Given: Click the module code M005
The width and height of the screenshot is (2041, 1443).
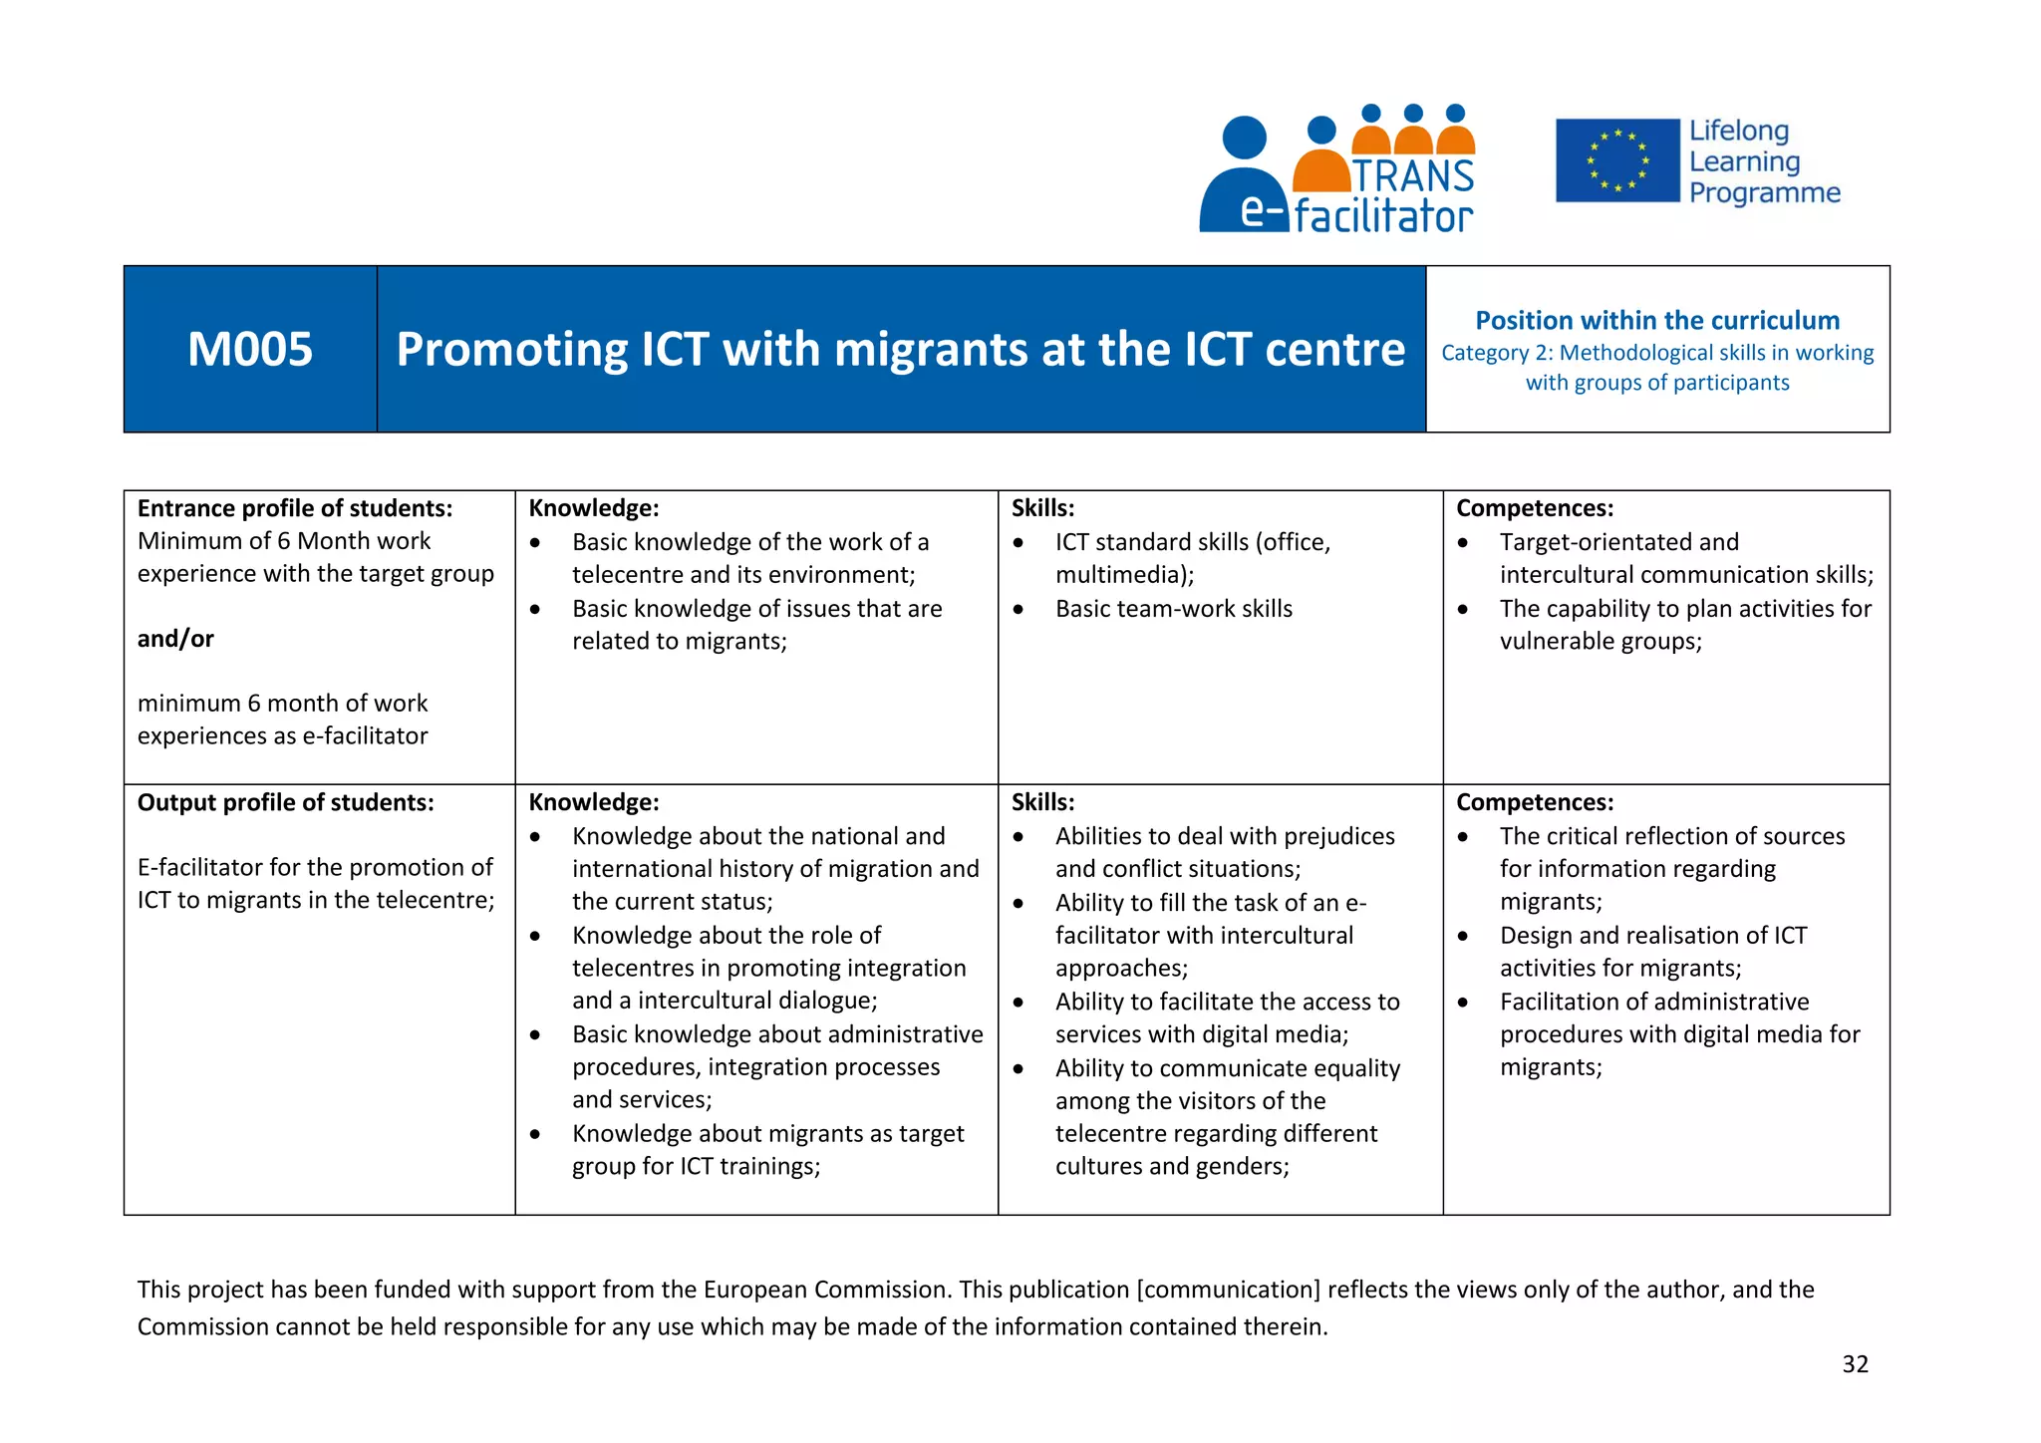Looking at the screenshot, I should pyautogui.click(x=250, y=350).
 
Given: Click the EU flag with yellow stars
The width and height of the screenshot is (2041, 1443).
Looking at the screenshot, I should pyautogui.click(x=1617, y=160).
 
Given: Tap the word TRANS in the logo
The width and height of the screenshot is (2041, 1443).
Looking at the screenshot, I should pyautogui.click(x=1413, y=176).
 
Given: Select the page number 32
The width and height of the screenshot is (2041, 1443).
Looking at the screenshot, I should pyautogui.click(x=1855, y=1364).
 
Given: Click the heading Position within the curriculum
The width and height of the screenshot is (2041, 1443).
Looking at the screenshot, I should pyautogui.click(x=1657, y=321).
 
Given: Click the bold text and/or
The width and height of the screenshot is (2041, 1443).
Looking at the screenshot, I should pyautogui.click(x=175, y=639).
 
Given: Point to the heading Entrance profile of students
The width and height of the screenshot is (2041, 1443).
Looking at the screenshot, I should pyautogui.click(x=294, y=508).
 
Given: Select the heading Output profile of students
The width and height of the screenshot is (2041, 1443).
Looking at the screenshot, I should pyautogui.click(x=285, y=802).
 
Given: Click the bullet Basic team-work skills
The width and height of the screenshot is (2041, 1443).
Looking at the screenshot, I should pyautogui.click(x=1173, y=609).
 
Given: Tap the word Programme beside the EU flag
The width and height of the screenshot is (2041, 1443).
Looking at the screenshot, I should pyautogui.click(x=1764, y=193).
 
